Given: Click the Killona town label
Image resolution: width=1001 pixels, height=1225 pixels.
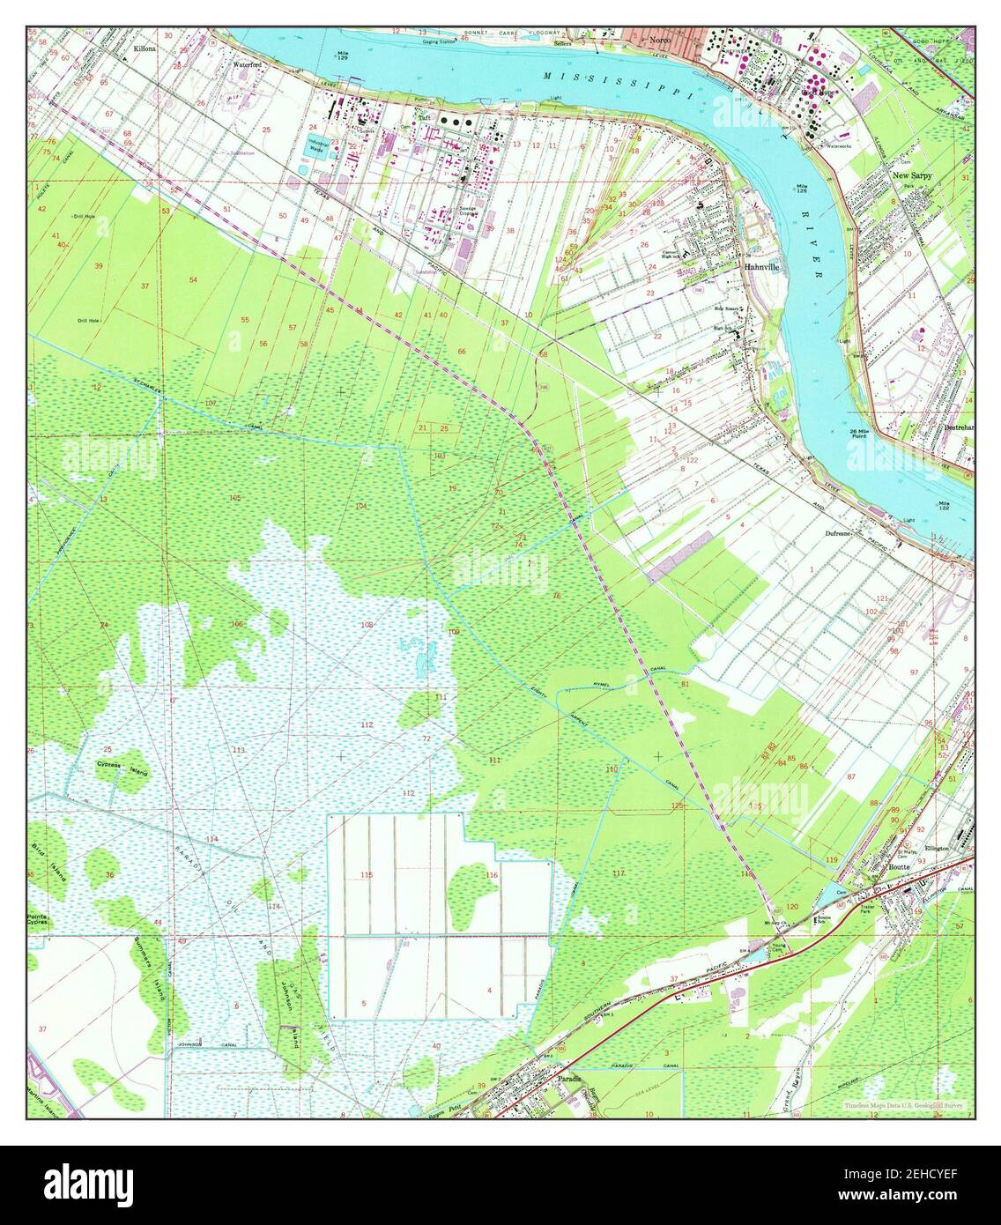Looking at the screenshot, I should (145, 50).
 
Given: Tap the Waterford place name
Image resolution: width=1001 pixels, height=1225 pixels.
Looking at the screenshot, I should (248, 64).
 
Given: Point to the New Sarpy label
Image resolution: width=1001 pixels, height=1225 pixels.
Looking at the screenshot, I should (912, 175).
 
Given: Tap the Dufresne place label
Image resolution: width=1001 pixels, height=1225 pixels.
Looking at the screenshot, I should (842, 534).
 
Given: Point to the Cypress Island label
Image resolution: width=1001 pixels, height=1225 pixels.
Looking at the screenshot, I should (122, 768).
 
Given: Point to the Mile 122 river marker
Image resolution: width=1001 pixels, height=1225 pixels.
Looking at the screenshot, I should (945, 507).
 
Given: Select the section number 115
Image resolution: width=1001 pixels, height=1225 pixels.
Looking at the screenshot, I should (367, 874).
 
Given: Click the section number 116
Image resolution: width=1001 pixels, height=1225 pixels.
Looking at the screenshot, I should (492, 874).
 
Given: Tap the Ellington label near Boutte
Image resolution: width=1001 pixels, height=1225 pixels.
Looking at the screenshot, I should (936, 849).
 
